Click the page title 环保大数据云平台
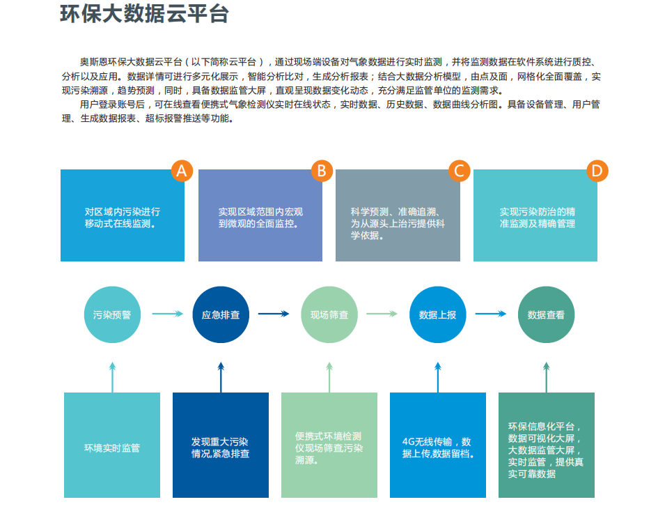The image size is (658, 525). [x=144, y=14]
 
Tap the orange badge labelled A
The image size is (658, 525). [x=182, y=170]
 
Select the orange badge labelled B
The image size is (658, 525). [x=322, y=170]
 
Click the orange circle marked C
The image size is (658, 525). [x=459, y=170]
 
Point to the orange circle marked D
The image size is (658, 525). [x=597, y=170]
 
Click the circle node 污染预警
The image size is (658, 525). [x=112, y=314]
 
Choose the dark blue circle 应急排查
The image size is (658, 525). [x=221, y=314]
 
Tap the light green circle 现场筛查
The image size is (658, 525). [x=329, y=314]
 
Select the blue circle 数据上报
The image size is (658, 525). [x=438, y=314]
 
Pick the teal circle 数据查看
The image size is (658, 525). [x=547, y=314]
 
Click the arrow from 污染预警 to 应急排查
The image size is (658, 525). [x=167, y=314]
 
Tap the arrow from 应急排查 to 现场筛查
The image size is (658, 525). [x=274, y=314]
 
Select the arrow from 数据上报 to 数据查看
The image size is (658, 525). [x=491, y=314]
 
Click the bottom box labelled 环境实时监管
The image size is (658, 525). [x=112, y=446]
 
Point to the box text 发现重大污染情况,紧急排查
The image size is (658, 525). [x=221, y=446]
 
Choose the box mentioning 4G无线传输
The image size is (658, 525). [x=438, y=446]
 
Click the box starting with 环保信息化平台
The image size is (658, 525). [x=547, y=446]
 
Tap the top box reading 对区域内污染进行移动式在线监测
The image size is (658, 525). [x=123, y=215]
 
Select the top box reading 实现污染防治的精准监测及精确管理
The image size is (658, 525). [x=535, y=215]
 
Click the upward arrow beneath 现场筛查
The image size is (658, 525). [x=329, y=376]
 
